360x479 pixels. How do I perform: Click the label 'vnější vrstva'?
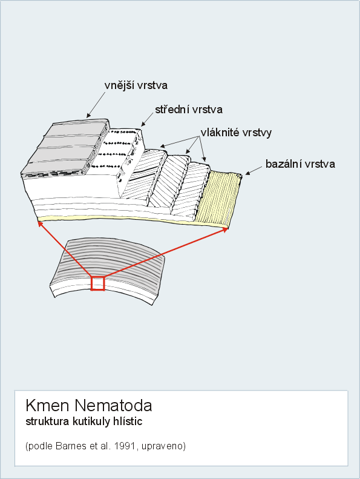[136, 85]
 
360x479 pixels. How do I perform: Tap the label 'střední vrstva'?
[189, 110]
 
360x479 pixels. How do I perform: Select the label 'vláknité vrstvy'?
[236, 133]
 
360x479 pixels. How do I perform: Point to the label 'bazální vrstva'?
[300, 164]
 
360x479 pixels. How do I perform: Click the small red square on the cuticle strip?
[97, 283]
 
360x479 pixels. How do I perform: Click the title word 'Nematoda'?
[113, 405]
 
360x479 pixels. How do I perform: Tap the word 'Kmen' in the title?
[47, 405]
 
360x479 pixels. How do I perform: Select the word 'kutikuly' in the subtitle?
[91, 421]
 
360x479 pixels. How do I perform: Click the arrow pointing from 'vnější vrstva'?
[96, 104]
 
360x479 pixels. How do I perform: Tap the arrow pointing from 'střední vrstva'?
[147, 119]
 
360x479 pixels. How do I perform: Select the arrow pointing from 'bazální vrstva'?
[254, 171]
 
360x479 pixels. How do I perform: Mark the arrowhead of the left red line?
[40, 225]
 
